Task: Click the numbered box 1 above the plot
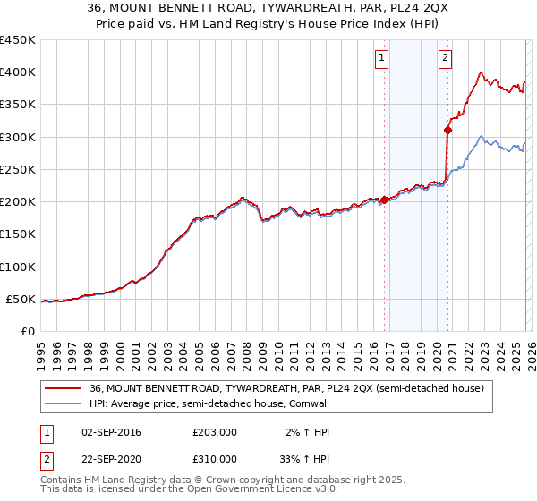click(x=381, y=59)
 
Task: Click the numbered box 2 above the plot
click(x=445, y=59)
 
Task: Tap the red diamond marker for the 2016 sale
click(x=385, y=200)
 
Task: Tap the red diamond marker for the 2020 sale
click(x=448, y=131)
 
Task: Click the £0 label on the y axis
click(x=30, y=331)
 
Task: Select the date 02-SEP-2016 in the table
click(x=115, y=432)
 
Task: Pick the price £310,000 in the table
click(x=215, y=458)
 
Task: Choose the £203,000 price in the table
click(x=215, y=432)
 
